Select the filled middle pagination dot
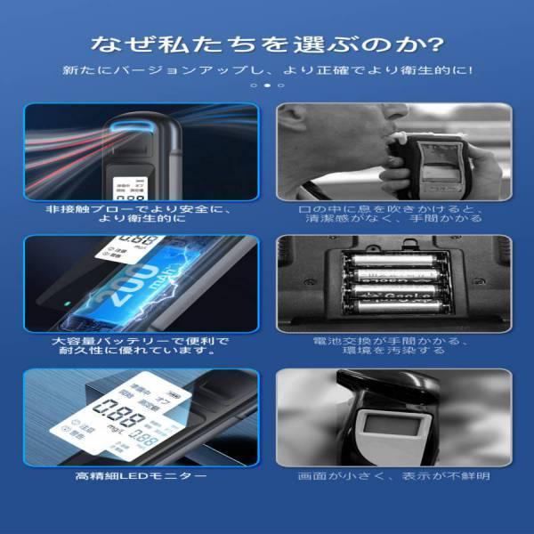click(x=267, y=85)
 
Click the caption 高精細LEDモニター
click(x=142, y=476)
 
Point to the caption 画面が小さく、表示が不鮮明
click(x=393, y=476)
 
